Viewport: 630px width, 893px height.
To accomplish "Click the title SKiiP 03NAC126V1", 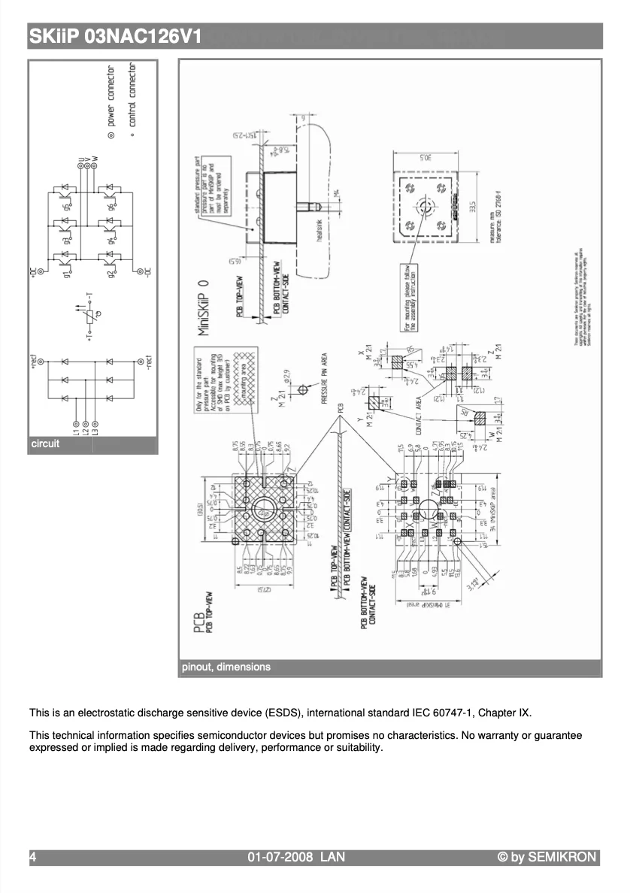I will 115,36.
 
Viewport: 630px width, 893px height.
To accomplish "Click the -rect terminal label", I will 148,363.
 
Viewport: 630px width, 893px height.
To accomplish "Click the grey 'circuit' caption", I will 45,444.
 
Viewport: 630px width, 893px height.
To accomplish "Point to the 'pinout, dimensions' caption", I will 226,667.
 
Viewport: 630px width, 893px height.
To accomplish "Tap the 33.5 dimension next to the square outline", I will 472,206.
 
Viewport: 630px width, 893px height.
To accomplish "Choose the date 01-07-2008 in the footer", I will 280,857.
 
